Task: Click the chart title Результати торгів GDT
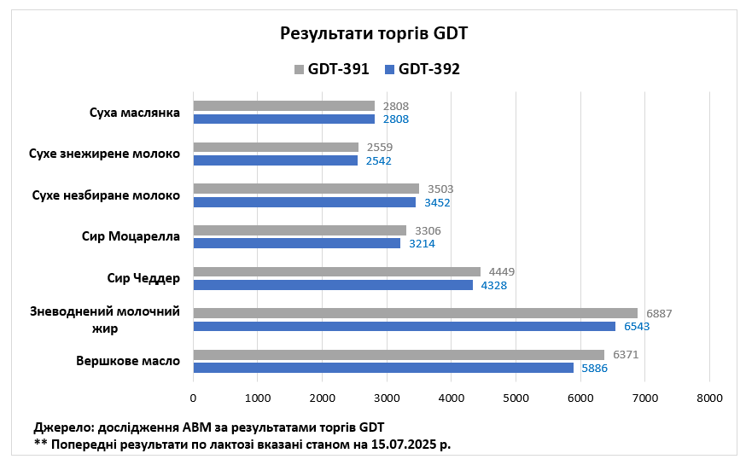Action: pyautogui.click(x=375, y=34)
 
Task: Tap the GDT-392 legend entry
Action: pyautogui.click(x=422, y=69)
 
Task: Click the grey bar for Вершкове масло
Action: pyautogui.click(x=399, y=355)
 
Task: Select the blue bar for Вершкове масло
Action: pyautogui.click(x=383, y=368)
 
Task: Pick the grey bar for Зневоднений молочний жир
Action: pyautogui.click(x=415, y=313)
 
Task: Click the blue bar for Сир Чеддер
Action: pyautogui.click(x=333, y=285)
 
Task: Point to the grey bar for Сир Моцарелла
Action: pyautogui.click(x=300, y=230)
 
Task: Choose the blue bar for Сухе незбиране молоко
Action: pyautogui.click(x=305, y=202)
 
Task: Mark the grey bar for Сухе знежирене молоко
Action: pyautogui.click(x=276, y=147)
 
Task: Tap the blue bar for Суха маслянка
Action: pyautogui.click(x=283, y=119)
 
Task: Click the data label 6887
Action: pyautogui.click(x=659, y=313)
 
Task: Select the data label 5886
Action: pyautogui.click(x=595, y=368)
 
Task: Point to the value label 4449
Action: pyautogui.click(x=502, y=272)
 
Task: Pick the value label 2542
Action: pyautogui.click(x=379, y=160)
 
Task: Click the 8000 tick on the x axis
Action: pyautogui.click(x=709, y=398)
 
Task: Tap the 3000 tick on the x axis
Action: pyautogui.click(x=387, y=398)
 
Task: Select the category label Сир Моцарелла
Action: pyautogui.click(x=131, y=236)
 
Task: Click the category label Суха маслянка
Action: pyautogui.click(x=134, y=113)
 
